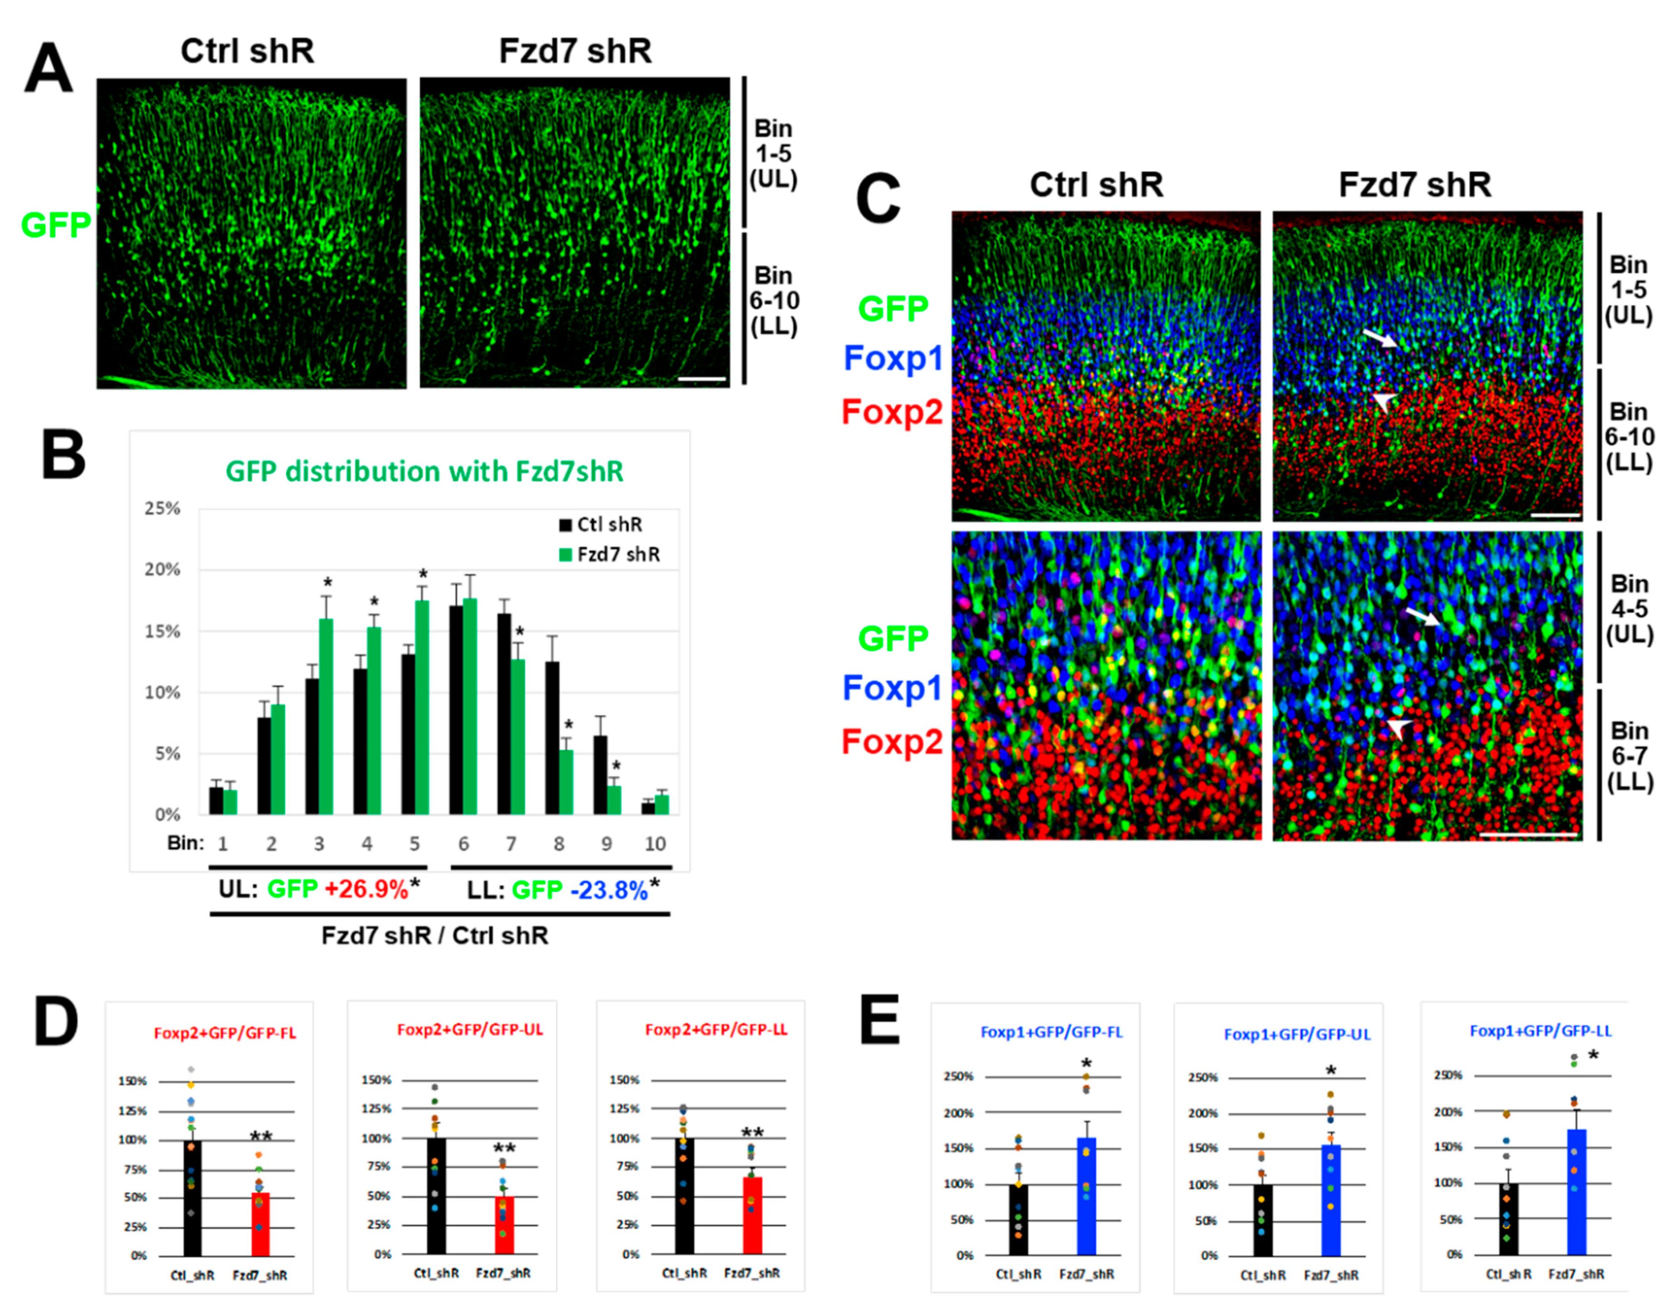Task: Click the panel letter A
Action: click(48, 69)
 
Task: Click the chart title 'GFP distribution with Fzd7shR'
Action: click(424, 471)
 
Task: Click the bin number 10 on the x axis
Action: click(654, 844)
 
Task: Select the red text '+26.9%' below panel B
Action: click(366, 890)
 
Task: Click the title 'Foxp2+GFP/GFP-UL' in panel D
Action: click(469, 1030)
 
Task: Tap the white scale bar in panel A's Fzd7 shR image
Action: click(702, 379)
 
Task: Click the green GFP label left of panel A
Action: click(55, 226)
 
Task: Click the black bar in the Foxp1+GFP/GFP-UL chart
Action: click(1262, 1220)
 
